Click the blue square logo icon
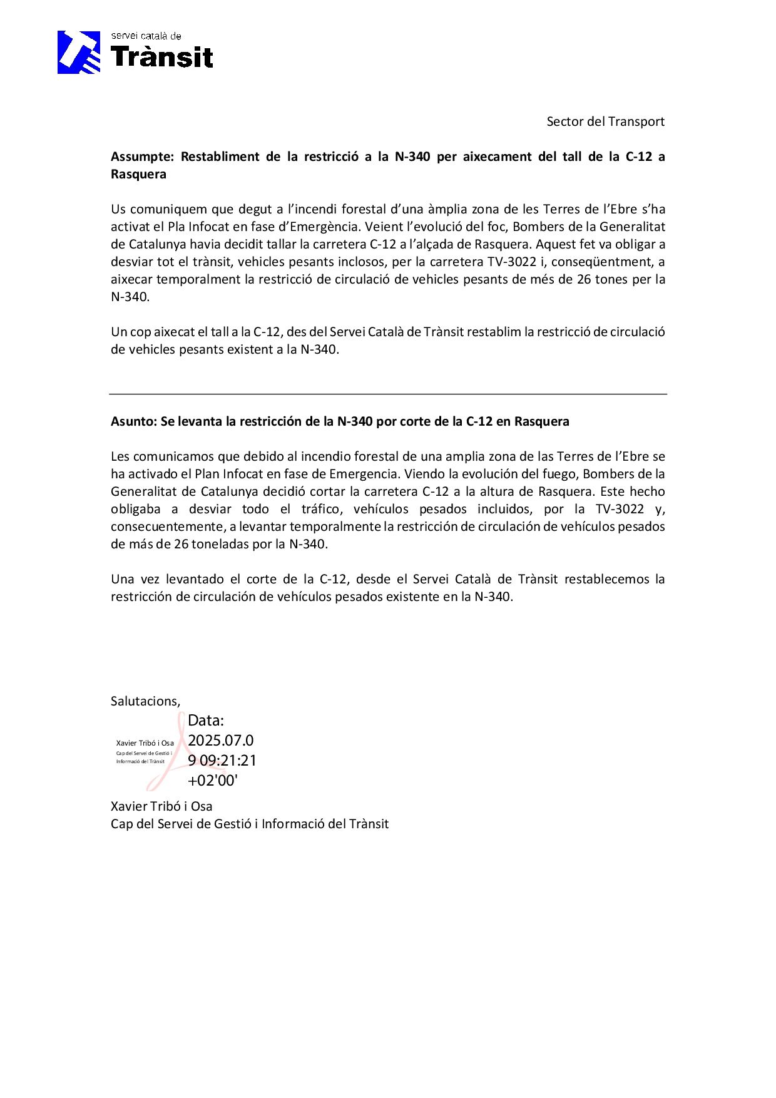coord(79,53)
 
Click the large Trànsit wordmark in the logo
coord(162,58)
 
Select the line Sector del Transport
coord(605,121)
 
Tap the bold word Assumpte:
coord(142,156)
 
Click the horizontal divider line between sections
coord(388,394)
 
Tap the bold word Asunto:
coord(133,421)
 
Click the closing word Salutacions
coord(145,701)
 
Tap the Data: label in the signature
coord(205,721)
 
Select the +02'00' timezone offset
coord(213,781)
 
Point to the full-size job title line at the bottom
coord(249,824)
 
